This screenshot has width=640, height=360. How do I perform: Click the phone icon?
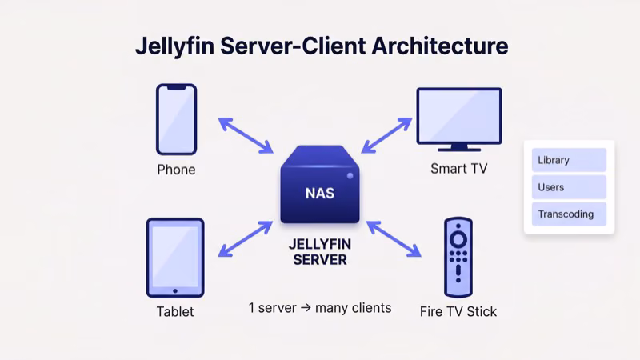176,119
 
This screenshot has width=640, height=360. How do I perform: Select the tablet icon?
175,258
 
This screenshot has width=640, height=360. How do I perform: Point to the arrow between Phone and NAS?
246,135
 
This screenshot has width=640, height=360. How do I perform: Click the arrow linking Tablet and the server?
246,239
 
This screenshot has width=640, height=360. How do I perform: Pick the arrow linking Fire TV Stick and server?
393,239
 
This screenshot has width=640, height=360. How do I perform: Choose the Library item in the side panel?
569,160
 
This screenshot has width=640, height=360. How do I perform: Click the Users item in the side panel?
569,187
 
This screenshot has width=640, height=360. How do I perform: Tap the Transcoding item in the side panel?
569,214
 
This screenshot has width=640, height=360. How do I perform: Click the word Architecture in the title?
439,46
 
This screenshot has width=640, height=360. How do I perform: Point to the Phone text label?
176,170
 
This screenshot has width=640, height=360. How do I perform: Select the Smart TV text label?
458,169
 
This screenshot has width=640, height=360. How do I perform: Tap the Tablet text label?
175,311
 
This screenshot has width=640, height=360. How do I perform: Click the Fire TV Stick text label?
458,311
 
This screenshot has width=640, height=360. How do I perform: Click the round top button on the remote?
458,238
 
